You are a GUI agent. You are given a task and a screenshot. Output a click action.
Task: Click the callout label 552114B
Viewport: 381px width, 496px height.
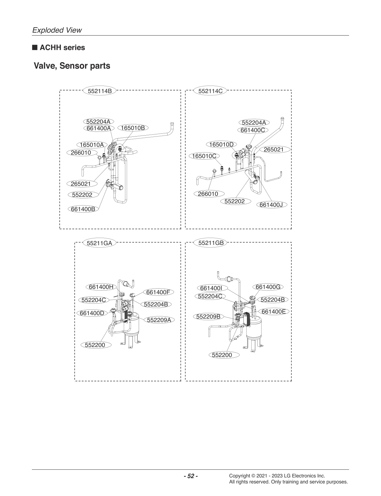point(99,91)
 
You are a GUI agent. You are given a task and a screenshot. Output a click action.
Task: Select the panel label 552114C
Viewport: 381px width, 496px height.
point(210,91)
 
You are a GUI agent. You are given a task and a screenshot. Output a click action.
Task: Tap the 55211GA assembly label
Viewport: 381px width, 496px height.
point(99,243)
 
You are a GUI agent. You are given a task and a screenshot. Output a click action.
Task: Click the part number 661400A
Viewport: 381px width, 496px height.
point(99,128)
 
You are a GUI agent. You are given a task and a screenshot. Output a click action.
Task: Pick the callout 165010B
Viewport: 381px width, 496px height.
point(133,128)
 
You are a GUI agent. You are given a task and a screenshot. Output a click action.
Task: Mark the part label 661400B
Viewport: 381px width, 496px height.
point(83,209)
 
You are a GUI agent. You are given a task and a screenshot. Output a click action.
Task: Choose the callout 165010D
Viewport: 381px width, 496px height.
point(221,144)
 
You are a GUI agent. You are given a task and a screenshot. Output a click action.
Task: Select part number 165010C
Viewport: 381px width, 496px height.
point(204,156)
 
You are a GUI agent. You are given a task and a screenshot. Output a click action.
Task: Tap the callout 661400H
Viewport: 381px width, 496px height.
point(101,287)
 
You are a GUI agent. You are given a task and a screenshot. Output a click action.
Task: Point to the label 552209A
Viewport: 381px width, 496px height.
point(161,320)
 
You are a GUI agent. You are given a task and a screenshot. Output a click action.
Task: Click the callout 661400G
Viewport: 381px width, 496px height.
point(268,287)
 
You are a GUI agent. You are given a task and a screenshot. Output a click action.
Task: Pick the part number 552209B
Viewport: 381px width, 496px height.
point(208,316)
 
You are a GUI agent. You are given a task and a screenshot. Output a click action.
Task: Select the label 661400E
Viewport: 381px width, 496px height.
point(273,311)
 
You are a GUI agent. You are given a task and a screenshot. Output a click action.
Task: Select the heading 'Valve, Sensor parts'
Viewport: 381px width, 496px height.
point(72,66)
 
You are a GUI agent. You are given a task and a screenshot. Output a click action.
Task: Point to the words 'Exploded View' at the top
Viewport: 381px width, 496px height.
point(57,30)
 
